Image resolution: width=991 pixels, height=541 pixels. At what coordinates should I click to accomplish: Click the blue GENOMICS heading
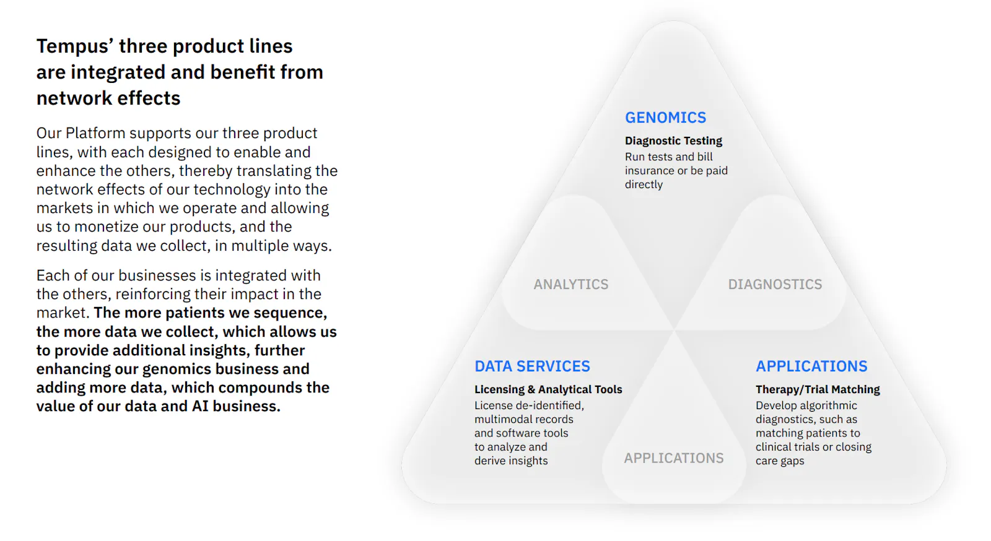pyautogui.click(x=665, y=118)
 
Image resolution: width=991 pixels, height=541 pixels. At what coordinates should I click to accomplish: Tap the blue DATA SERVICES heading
pyautogui.click(x=532, y=366)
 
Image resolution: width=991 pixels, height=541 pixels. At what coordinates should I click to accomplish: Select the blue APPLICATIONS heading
pyautogui.click(x=811, y=366)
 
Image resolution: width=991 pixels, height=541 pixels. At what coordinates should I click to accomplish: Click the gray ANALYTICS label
pyautogui.click(x=570, y=284)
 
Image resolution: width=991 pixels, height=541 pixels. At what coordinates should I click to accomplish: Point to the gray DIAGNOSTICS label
pyautogui.click(x=775, y=284)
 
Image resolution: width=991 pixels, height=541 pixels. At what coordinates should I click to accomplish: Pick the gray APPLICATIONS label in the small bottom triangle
pyautogui.click(x=674, y=458)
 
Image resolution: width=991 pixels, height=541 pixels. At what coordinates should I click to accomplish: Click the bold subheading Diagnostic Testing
pyautogui.click(x=673, y=141)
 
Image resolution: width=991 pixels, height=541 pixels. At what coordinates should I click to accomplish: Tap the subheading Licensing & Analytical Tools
pyautogui.click(x=548, y=389)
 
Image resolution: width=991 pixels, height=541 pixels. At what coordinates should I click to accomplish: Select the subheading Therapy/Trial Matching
pyautogui.click(x=818, y=389)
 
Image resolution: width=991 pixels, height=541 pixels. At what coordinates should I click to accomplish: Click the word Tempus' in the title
pyautogui.click(x=75, y=46)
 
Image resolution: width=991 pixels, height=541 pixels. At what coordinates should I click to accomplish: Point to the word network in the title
pyautogui.click(x=72, y=98)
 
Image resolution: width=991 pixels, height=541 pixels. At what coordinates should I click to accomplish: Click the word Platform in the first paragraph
pyautogui.click(x=95, y=133)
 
